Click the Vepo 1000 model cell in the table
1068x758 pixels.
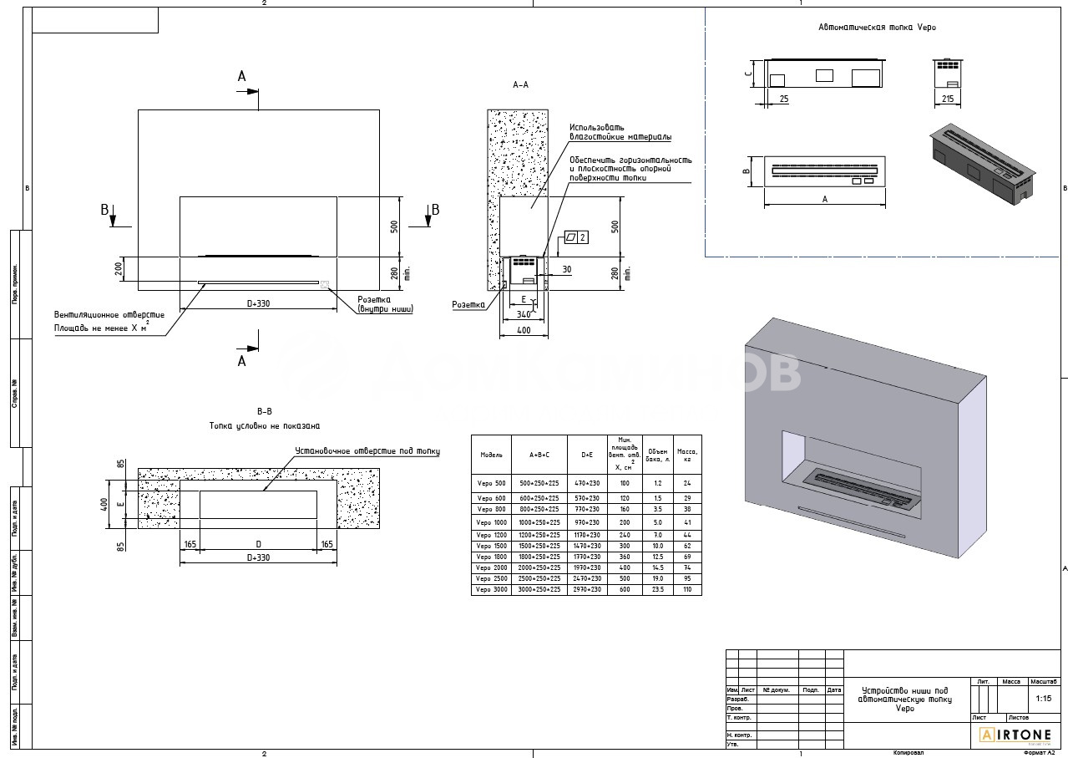(491, 522)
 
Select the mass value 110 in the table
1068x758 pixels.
(687, 589)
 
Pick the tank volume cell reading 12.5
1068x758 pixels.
(658, 557)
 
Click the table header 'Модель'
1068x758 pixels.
(491, 455)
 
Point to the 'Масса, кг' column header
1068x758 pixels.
(687, 455)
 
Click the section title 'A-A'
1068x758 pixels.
(520, 85)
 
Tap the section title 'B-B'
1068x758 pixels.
(265, 411)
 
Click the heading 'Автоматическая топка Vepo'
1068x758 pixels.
(877, 28)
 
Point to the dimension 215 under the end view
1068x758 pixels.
(947, 99)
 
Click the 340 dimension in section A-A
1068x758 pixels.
(524, 314)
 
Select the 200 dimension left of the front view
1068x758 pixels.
(119, 268)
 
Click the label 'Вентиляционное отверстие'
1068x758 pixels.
(109, 314)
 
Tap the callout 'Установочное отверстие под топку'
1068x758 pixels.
(367, 451)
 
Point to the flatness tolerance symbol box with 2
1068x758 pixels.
(576, 237)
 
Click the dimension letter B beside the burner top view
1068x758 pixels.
(747, 170)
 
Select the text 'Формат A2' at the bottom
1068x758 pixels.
(1039, 752)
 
